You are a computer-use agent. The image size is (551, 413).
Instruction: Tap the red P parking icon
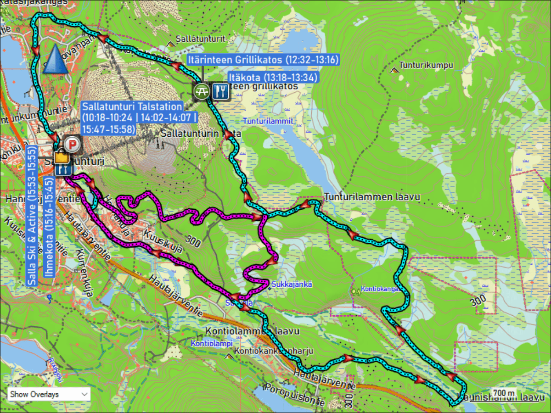tap(72, 145)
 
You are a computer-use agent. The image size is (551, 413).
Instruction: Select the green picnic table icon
tap(201, 91)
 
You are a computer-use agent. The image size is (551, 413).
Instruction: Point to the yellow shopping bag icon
tap(62, 157)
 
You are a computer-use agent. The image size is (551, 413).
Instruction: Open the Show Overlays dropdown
tap(49, 394)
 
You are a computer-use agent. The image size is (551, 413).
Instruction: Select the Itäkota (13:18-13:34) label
tap(273, 77)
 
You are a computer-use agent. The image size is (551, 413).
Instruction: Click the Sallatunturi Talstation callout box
tap(139, 118)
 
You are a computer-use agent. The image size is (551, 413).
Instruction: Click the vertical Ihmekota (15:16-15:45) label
tap(49, 227)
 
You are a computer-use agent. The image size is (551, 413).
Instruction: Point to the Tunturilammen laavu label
tap(372, 197)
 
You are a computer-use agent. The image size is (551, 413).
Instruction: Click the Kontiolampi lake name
tap(212, 343)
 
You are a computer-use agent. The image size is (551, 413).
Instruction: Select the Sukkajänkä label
tap(292, 284)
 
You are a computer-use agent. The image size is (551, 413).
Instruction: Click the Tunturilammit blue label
tap(268, 122)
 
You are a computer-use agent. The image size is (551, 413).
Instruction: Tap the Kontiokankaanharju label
tap(273, 351)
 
